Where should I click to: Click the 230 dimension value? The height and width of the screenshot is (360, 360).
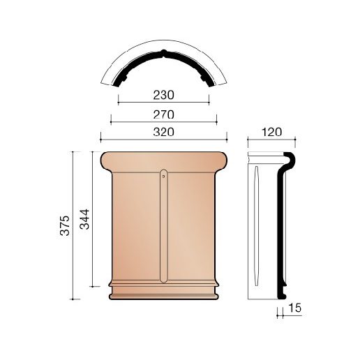pyautogui.click(x=163, y=95)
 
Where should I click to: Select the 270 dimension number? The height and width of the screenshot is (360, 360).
pyautogui.click(x=163, y=114)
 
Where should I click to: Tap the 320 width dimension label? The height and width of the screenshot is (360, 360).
pyautogui.click(x=163, y=132)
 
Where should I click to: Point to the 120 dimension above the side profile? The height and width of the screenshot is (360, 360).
pyautogui.click(x=271, y=132)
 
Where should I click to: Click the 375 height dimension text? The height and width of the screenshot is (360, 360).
pyautogui.click(x=65, y=225)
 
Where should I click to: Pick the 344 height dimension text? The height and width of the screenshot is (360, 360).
pyautogui.click(x=84, y=219)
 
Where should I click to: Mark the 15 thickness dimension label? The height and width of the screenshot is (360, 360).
pyautogui.click(x=294, y=308)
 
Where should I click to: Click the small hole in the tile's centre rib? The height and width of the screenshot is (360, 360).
pyautogui.click(x=163, y=176)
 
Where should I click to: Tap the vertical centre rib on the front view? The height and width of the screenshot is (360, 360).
pyautogui.click(x=163, y=226)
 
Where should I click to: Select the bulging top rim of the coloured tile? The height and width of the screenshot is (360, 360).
pyautogui.click(x=163, y=162)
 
